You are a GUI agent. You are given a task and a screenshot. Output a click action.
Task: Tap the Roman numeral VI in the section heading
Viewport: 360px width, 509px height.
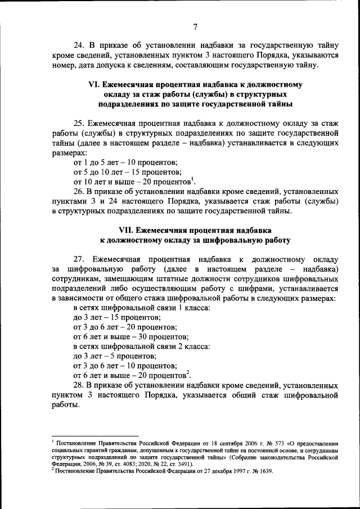[x=94, y=85]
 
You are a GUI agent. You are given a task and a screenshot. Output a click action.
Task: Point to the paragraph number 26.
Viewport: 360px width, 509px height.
[x=80, y=192]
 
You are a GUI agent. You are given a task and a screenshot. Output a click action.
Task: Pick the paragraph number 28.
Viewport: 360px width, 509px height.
[x=80, y=386]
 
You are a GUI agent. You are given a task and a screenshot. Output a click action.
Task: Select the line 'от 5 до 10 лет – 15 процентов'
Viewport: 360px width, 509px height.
[x=128, y=172]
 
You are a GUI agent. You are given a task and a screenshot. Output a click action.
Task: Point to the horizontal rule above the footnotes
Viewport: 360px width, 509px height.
[x=94, y=436]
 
